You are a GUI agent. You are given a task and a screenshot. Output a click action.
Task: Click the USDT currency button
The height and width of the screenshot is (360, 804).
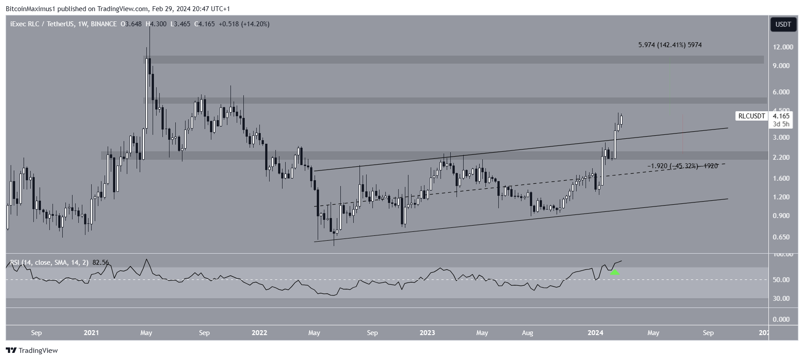[783, 24]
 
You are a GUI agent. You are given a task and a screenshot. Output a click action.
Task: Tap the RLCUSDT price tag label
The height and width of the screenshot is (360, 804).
[751, 116]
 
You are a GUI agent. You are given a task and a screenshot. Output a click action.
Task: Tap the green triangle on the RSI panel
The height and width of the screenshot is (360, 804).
[614, 272]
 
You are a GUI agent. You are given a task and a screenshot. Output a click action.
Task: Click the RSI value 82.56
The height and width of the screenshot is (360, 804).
[101, 263]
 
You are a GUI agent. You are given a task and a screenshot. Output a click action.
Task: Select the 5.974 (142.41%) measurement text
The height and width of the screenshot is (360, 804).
[670, 45]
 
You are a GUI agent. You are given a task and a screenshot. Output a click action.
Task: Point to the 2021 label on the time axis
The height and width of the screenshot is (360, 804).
[91, 333]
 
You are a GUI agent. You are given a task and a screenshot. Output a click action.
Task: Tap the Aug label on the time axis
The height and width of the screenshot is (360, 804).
[527, 333]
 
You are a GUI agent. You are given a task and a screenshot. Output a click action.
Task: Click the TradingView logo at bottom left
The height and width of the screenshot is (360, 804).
[32, 351]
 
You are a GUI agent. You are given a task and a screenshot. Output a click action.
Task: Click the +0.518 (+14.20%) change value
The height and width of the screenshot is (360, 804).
[242, 24]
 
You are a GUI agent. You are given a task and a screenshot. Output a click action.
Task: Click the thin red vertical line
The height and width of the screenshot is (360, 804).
[683, 133]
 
